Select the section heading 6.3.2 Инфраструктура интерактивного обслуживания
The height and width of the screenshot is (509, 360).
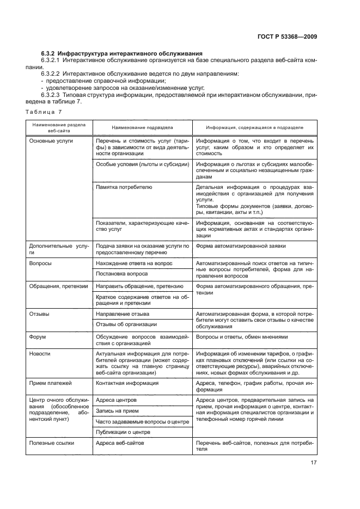(x=122, y=53)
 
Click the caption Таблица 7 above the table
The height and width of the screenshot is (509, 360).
(x=44, y=112)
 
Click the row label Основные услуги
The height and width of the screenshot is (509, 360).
(x=51, y=140)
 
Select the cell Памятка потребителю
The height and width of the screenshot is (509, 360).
(x=124, y=187)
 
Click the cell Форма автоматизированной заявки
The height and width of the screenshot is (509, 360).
(x=241, y=246)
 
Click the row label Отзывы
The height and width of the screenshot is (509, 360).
(x=39, y=314)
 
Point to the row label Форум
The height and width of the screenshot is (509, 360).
(x=38, y=337)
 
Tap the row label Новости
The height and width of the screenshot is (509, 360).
(x=40, y=353)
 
